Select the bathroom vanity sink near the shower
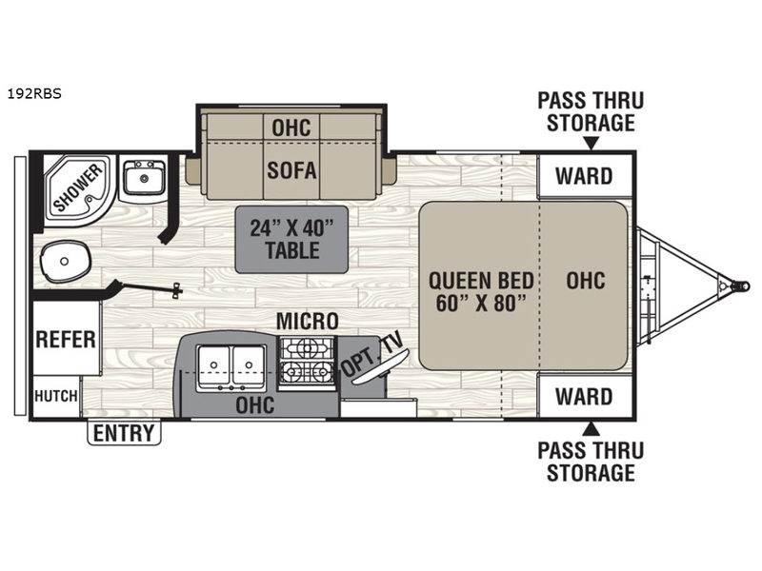[x=145, y=177]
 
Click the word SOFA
[x=291, y=171]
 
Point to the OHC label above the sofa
[x=291, y=127]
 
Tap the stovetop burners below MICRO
[x=306, y=362]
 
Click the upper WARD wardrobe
[x=584, y=175]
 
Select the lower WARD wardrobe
[x=584, y=395]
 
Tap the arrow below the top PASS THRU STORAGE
[x=591, y=144]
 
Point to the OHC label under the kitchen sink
[x=255, y=405]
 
